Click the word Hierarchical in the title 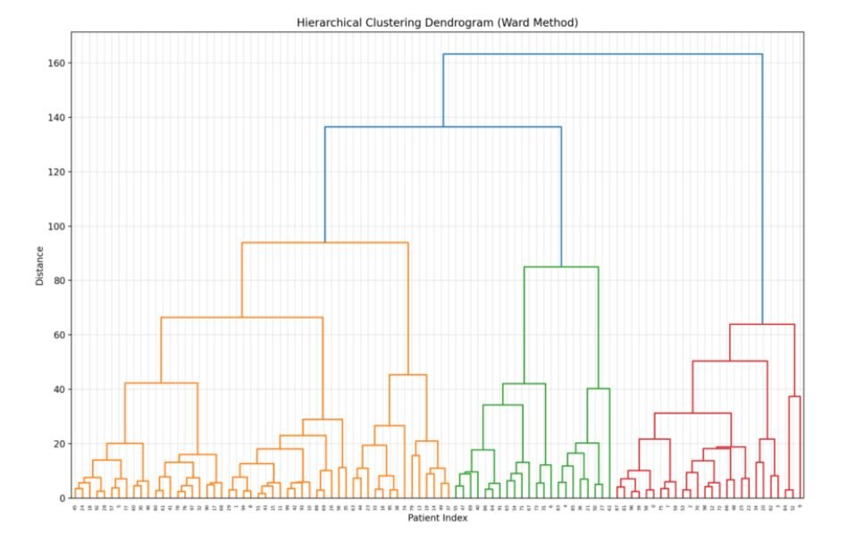[x=330, y=21]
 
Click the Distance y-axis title [x=39, y=265]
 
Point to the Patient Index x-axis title [x=437, y=518]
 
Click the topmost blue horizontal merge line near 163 [x=602, y=54]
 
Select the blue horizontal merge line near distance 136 [x=442, y=127]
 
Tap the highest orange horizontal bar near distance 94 [x=324, y=243]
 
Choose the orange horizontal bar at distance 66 [x=241, y=317]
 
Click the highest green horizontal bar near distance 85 [x=561, y=267]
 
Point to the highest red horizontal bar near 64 [x=762, y=324]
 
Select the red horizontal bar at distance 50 [x=730, y=361]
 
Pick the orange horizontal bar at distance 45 [x=407, y=375]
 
